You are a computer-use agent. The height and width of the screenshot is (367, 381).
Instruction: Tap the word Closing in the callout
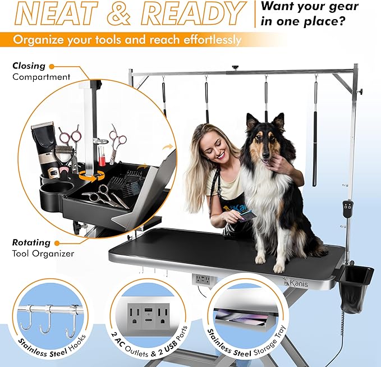tap(29, 66)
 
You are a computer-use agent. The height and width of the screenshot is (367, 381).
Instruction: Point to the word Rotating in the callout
tap(31, 243)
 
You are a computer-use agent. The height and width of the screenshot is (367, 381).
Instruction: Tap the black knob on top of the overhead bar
tap(236, 68)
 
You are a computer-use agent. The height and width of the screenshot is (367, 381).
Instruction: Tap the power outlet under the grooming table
tap(203, 278)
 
